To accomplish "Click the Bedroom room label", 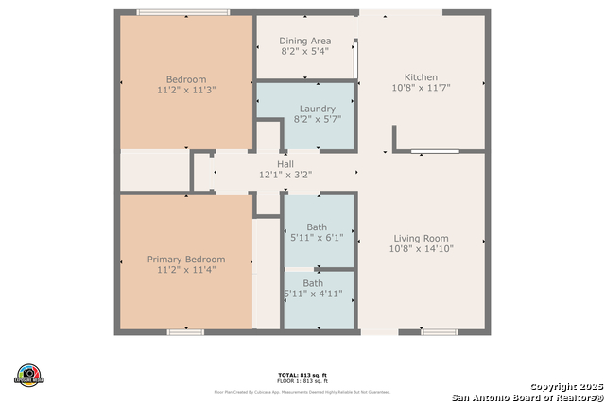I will [185, 79].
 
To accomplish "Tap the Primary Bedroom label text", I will [185, 260].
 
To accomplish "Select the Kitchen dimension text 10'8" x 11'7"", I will [421, 88].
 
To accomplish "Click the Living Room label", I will [421, 239].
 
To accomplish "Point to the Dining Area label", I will [304, 42].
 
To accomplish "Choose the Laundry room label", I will [317, 109].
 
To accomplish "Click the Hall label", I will [285, 164].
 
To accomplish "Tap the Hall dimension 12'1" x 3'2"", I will [285, 175].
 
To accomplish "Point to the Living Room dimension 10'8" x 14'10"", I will [421, 249].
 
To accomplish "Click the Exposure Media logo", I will [29, 374].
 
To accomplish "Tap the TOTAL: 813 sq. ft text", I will [302, 375].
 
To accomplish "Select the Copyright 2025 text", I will [564, 386].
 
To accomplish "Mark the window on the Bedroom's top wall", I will [182, 12].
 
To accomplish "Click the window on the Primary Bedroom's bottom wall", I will [185, 332].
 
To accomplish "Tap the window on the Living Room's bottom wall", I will [440, 332].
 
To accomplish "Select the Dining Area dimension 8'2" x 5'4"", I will [304, 52].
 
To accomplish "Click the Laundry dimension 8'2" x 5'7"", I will [317, 120].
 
